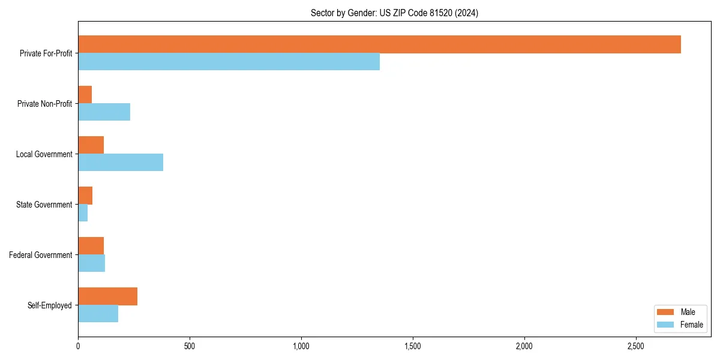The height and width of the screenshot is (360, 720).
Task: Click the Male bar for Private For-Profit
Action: point(379,44)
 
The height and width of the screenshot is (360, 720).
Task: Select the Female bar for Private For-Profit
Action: point(229,62)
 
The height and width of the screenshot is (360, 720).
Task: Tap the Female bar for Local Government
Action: point(121,163)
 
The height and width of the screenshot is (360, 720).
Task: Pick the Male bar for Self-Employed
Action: point(107,296)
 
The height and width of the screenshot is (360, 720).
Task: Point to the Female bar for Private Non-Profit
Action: point(104,112)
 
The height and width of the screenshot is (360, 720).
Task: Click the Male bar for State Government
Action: point(85,196)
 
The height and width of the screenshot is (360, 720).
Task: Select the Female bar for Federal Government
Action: point(91,263)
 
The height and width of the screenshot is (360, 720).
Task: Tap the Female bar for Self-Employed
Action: point(98,314)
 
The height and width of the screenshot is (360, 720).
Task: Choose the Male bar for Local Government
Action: point(91,145)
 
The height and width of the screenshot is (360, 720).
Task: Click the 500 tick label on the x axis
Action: point(190,346)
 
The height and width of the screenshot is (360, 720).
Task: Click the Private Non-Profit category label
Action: point(44,104)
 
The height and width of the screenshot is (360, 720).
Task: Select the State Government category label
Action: point(44,205)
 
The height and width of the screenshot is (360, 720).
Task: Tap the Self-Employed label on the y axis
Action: point(49,305)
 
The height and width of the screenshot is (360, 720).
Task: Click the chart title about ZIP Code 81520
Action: point(394,13)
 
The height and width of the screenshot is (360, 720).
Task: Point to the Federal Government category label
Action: point(40,255)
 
